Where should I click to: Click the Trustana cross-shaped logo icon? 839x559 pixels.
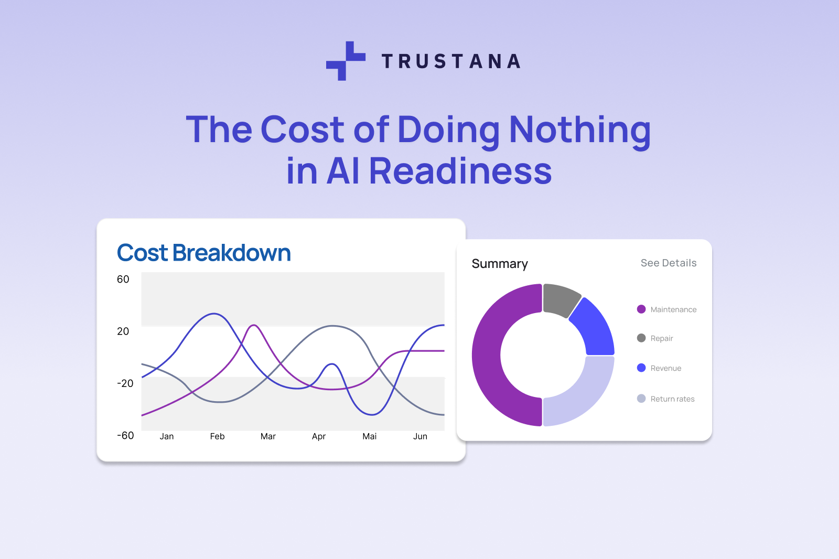tap(346, 61)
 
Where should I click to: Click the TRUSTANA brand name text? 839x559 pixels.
tap(451, 61)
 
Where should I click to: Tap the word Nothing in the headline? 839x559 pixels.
tap(579, 130)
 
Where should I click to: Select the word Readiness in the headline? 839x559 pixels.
tap(460, 171)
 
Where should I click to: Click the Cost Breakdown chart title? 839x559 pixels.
tap(203, 253)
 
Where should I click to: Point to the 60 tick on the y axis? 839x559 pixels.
tap(123, 279)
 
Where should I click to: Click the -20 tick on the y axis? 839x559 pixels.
tap(125, 383)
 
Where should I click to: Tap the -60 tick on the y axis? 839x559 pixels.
tap(125, 436)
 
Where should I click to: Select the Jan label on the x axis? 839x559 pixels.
tap(167, 436)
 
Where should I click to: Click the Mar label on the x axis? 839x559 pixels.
tap(268, 436)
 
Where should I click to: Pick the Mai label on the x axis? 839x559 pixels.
tap(369, 436)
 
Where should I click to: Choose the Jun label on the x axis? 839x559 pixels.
tap(420, 436)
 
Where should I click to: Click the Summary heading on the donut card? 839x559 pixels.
tap(499, 264)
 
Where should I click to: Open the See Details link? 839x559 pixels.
tap(668, 263)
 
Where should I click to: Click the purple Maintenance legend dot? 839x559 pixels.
tap(641, 309)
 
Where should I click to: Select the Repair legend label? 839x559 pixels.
tap(662, 339)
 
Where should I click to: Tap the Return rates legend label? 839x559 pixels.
tap(672, 399)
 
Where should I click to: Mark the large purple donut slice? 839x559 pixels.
tap(493, 357)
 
